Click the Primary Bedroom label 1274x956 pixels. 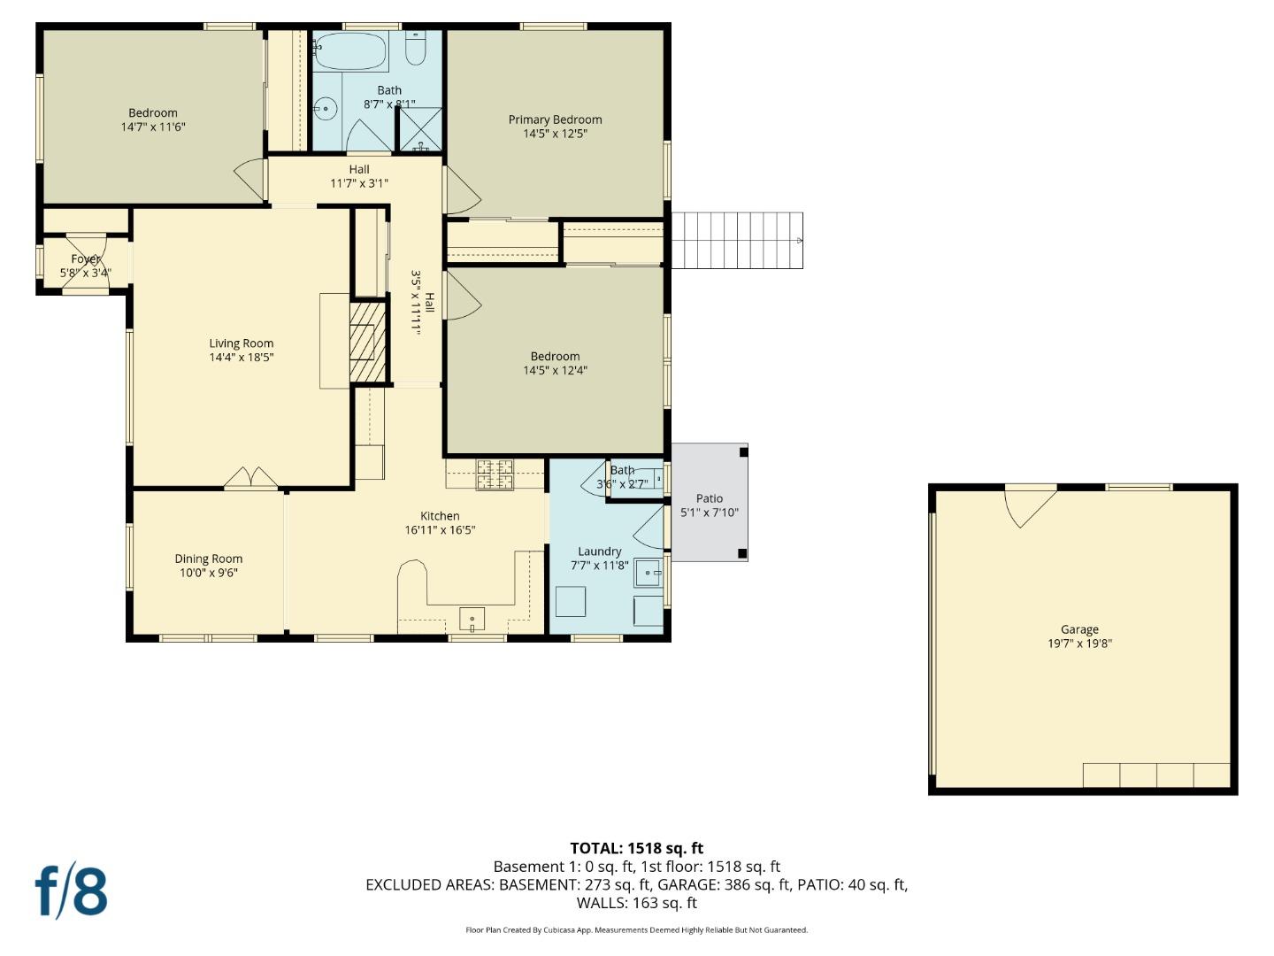coord(555,119)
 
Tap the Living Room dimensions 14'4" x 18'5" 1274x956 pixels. coord(241,358)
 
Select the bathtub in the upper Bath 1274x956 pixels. coord(351,51)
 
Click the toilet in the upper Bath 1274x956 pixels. coord(416,48)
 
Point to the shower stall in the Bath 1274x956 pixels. coord(421,129)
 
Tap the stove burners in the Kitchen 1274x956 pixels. coord(495,474)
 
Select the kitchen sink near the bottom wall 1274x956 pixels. coord(472,619)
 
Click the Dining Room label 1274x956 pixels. coord(209,559)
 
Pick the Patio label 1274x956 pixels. coord(710,498)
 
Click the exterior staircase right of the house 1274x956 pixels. coord(737,240)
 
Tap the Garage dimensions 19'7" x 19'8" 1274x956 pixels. coord(1079,644)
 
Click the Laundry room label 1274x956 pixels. coord(600,551)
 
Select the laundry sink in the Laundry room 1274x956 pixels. coord(649,573)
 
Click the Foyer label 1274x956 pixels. coord(86,259)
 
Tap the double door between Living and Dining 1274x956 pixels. coord(251,478)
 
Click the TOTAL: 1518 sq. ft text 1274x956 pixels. coord(637,848)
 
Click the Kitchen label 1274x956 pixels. coord(440,516)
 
